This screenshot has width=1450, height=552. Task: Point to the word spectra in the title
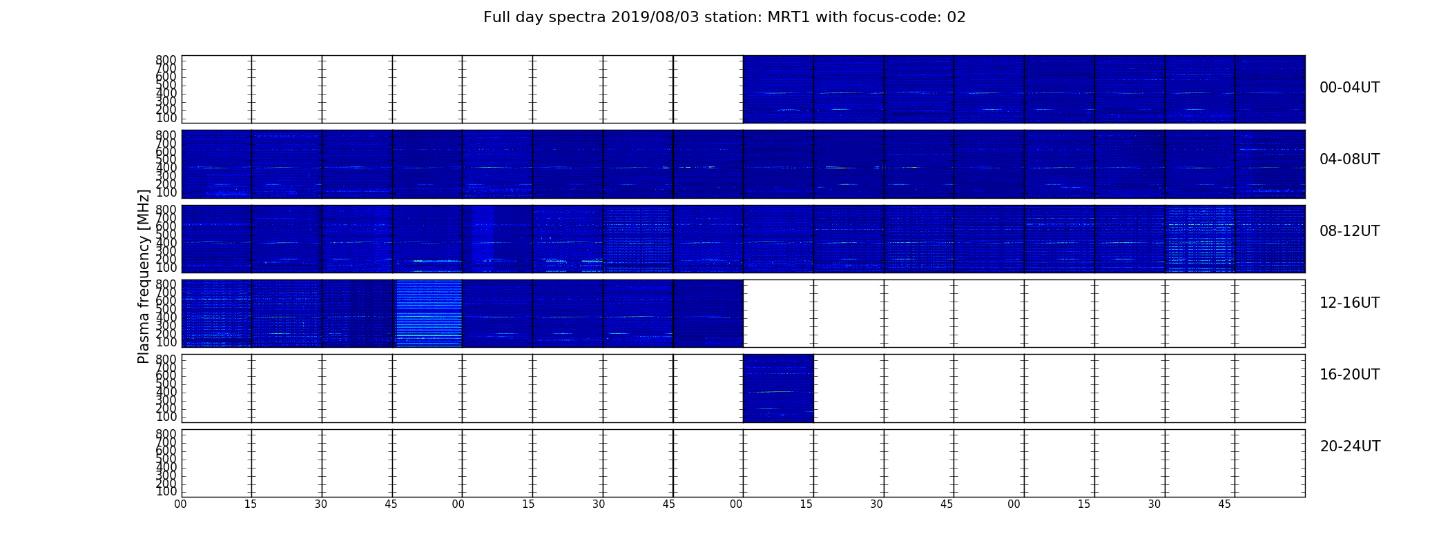pos(577,18)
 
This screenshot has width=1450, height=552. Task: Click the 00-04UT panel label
pos(1350,88)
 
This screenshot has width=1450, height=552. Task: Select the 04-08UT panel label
pos(1350,159)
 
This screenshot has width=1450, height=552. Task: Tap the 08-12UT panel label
pos(1350,231)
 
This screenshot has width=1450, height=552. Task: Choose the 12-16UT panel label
pos(1350,303)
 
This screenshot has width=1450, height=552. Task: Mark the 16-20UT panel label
pos(1350,375)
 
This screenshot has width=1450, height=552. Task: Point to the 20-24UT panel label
pos(1350,446)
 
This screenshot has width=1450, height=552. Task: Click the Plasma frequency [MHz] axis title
pos(144,276)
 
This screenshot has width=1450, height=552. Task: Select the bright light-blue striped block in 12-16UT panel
pos(429,313)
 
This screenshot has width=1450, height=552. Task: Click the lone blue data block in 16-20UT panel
pos(778,388)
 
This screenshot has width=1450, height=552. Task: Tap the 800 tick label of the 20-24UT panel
pos(166,434)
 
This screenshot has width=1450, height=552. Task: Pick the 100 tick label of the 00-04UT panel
pos(166,118)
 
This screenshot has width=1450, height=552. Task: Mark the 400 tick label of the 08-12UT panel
pos(166,242)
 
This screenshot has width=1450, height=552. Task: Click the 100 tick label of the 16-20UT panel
pos(166,417)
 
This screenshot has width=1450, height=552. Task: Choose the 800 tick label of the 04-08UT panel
pos(166,135)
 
